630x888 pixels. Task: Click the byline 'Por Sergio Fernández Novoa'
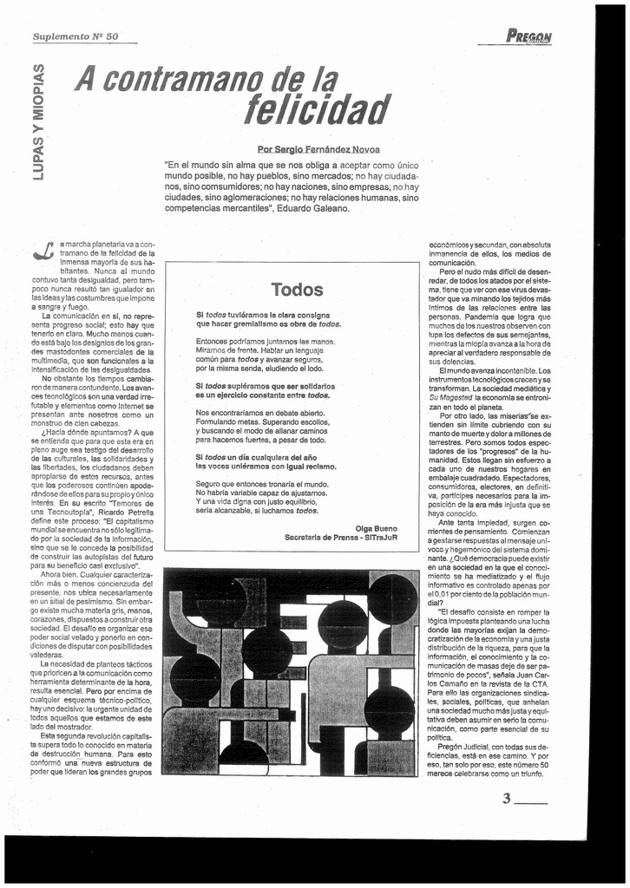318,149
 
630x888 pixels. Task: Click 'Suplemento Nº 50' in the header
75,36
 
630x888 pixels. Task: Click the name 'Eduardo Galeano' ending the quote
313,208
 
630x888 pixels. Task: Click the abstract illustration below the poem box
291,672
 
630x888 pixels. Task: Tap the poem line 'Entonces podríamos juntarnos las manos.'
265,341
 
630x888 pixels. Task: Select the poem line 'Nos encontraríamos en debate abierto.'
260,413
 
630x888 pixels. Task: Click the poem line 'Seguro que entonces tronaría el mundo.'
259,483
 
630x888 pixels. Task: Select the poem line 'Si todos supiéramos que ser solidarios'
266,385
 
